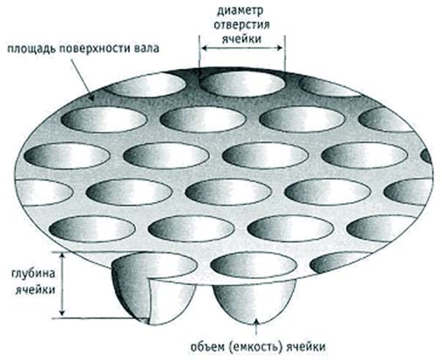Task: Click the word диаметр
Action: point(240,11)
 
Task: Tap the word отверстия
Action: point(241,25)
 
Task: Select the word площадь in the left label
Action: point(31,49)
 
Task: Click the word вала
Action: point(146,48)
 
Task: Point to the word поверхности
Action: point(95,48)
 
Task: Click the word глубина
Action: point(33,275)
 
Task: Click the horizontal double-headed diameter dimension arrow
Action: point(241,48)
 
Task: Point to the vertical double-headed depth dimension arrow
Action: point(62,284)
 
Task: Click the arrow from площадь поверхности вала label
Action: point(82,79)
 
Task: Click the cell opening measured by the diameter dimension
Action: point(242,85)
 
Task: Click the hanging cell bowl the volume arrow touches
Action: point(255,302)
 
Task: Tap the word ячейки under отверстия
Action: point(241,38)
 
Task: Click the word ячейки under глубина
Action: point(35,289)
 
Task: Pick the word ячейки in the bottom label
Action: point(306,347)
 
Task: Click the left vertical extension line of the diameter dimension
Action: point(200,53)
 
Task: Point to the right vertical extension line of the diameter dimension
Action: point(285,53)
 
